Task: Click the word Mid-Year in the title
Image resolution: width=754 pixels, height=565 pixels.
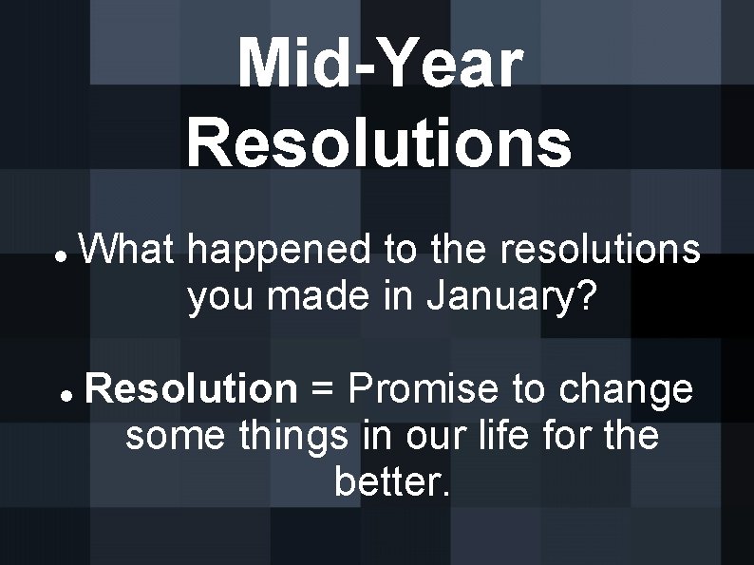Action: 380,64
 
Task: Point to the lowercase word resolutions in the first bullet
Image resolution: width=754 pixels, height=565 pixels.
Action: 602,251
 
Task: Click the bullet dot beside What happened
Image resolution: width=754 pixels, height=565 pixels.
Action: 59,258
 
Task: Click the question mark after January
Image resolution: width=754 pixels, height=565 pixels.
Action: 586,297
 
